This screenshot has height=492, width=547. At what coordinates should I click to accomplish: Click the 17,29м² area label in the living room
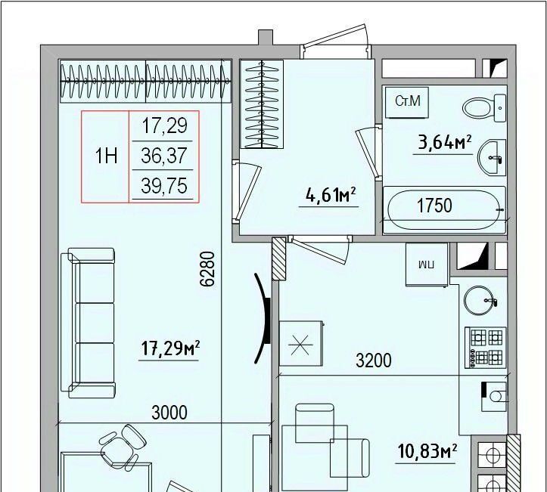(x=170, y=348)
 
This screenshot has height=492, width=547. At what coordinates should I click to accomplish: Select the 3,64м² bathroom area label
(x=444, y=143)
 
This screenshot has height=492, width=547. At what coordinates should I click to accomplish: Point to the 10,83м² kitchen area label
(x=427, y=452)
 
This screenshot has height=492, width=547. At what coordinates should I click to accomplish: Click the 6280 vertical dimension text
(x=207, y=269)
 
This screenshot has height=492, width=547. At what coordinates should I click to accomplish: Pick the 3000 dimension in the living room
(x=169, y=413)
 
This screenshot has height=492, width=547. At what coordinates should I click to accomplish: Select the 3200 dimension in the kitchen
(x=374, y=360)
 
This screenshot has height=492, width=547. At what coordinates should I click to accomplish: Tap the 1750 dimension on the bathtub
(x=435, y=206)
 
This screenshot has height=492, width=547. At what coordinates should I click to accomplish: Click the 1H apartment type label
(x=106, y=156)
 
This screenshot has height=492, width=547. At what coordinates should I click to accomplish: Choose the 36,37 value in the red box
(x=164, y=156)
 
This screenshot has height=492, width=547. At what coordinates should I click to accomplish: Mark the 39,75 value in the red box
(x=164, y=185)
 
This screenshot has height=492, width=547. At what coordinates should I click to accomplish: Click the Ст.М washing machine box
(x=407, y=102)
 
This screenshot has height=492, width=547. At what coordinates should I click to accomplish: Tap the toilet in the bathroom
(x=484, y=108)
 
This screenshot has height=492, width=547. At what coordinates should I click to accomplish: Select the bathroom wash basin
(x=492, y=157)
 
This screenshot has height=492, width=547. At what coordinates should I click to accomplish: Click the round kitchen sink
(x=480, y=300)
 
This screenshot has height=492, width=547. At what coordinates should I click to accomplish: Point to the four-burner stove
(x=486, y=348)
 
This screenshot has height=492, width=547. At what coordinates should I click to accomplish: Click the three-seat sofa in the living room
(x=88, y=323)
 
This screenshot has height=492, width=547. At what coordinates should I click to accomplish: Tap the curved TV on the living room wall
(x=263, y=318)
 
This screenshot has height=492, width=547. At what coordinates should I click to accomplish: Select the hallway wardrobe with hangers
(x=262, y=104)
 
